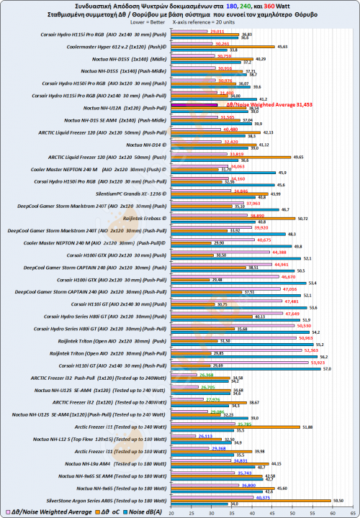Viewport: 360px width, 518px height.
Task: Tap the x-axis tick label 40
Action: click(235, 513)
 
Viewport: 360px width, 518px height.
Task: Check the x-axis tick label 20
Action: click(171, 513)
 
